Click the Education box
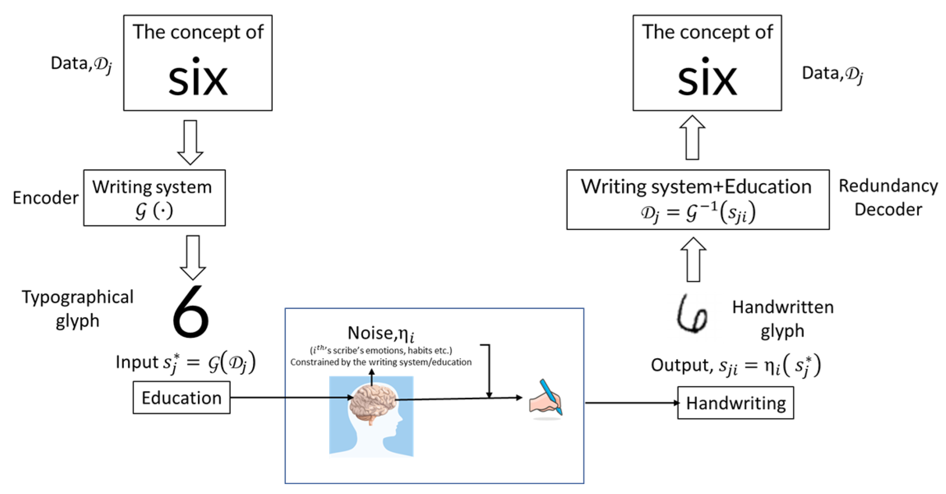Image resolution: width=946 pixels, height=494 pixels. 181,398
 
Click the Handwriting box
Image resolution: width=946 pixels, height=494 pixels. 735,403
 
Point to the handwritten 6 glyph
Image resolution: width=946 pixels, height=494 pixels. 692,314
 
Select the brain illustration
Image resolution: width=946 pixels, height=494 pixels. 372,404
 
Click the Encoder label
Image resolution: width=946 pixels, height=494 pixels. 45,198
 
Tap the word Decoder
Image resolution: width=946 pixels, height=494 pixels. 888,209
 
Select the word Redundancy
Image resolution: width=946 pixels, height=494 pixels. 888,186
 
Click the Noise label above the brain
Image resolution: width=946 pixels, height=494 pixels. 380,333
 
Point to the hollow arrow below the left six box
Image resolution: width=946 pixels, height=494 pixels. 190,142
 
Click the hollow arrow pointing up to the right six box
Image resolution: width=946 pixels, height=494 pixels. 692,138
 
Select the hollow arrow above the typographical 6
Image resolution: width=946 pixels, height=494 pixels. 193,257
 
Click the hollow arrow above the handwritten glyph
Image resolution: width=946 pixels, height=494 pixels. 693,259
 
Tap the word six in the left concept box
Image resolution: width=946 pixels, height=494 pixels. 198,78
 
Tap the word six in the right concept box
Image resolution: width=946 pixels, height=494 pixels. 707,78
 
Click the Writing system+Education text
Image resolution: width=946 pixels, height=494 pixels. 696,187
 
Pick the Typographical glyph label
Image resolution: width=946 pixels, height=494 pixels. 77,309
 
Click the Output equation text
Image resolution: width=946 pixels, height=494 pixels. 735,366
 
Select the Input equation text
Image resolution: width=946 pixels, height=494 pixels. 185,363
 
